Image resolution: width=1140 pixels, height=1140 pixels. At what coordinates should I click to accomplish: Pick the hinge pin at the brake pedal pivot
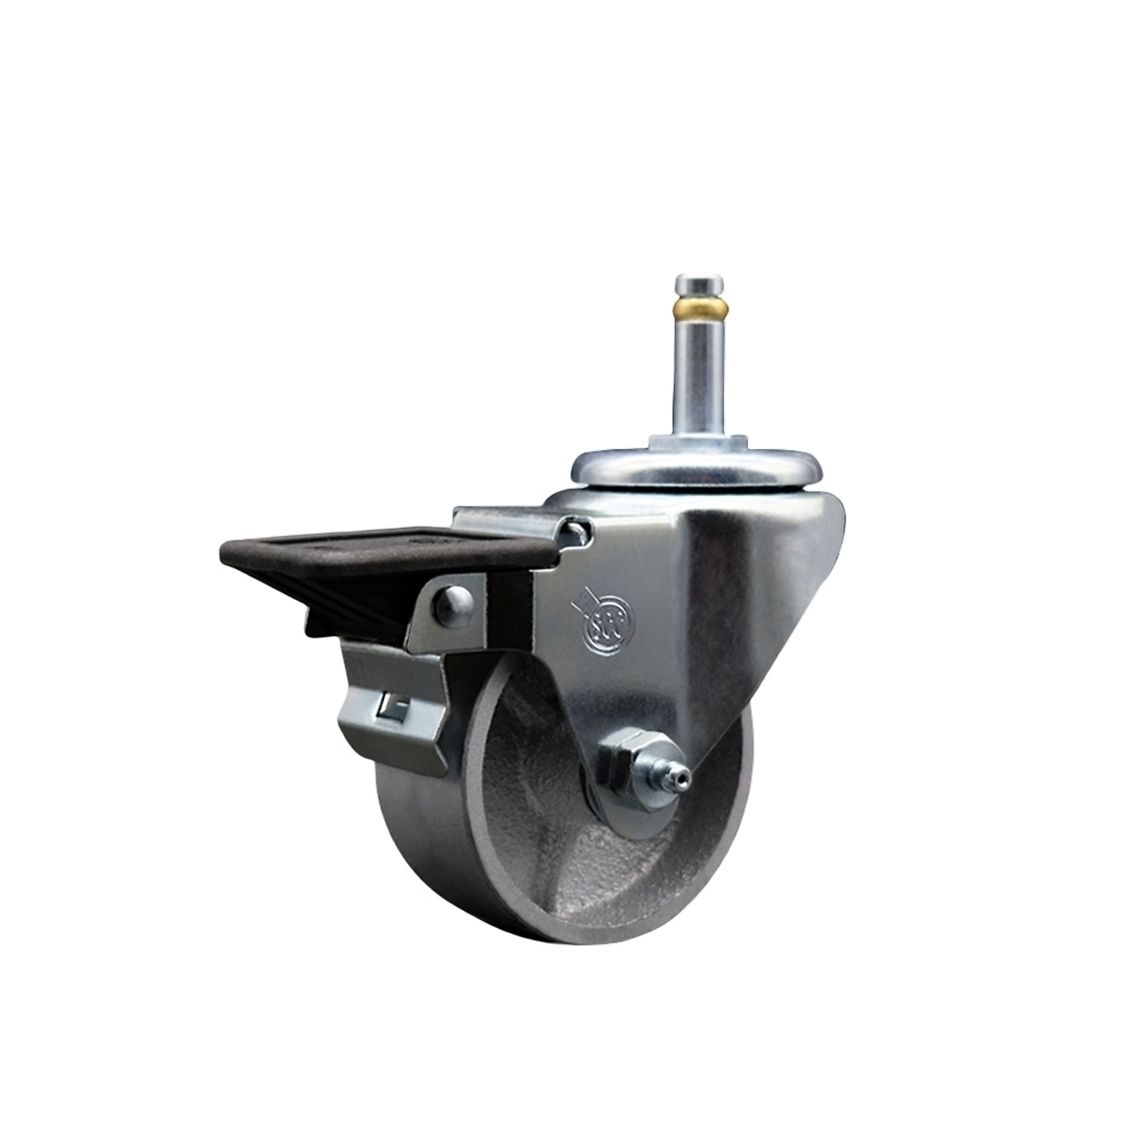point(578,534)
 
